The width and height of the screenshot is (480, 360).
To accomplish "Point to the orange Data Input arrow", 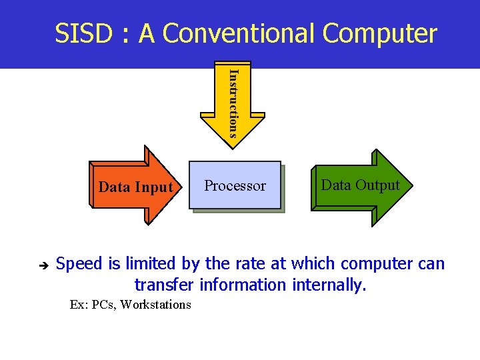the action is coord(131,186).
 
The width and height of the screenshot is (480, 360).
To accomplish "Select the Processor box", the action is coord(235,185).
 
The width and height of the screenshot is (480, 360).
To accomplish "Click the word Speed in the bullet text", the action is coord(79,264).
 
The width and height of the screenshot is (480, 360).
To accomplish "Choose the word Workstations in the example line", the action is coord(157,305).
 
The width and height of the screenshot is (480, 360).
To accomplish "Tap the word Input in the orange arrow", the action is coord(155,187).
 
